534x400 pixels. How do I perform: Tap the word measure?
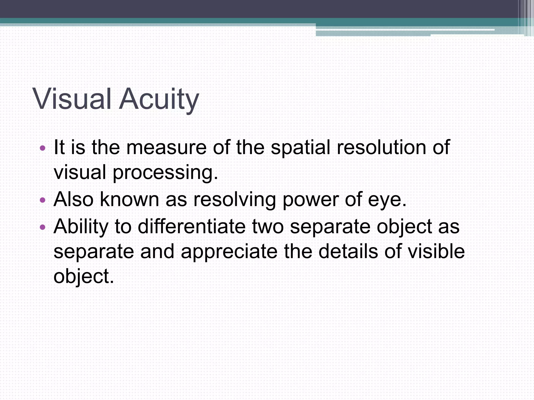coord(166,147)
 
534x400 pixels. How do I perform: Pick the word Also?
coord(74,199)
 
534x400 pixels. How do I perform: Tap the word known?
coord(129,199)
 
